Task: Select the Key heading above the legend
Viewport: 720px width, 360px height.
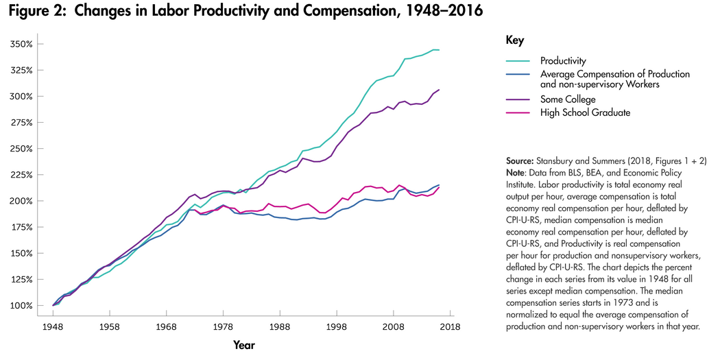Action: click(514, 40)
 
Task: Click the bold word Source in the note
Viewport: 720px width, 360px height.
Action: click(520, 160)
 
